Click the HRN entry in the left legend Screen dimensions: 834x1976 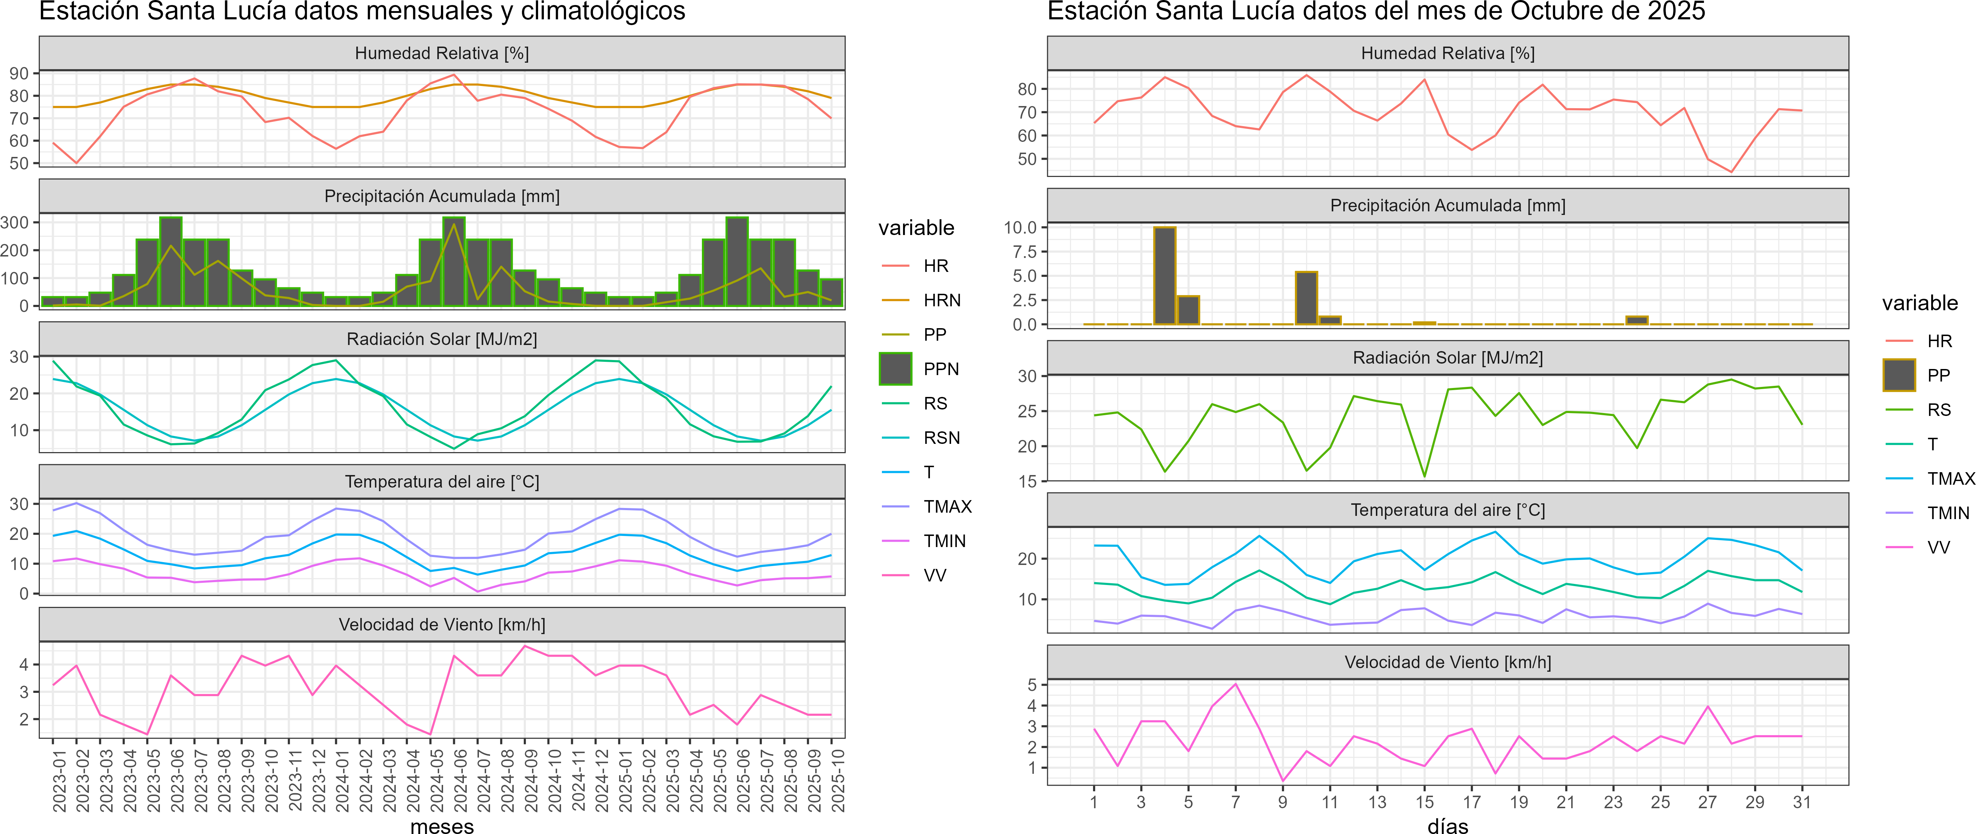(941, 301)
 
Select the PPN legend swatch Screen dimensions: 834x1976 (895, 369)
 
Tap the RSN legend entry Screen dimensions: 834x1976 (941, 438)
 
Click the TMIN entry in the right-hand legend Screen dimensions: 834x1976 (1948, 513)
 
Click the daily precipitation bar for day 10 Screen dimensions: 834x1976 (1306, 298)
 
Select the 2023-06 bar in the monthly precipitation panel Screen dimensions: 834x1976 (171, 262)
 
